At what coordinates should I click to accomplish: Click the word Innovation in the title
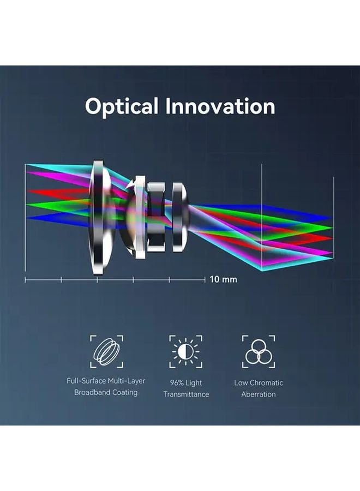[220, 106]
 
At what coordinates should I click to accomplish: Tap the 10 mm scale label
[224, 279]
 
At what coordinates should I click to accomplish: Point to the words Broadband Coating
[106, 392]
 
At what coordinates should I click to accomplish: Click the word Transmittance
[186, 394]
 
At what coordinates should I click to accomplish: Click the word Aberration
[259, 394]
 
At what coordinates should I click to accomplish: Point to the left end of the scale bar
[26, 280]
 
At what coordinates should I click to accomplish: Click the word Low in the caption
[241, 382]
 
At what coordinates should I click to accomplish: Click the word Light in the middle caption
[194, 382]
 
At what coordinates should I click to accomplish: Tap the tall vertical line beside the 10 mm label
[262, 218]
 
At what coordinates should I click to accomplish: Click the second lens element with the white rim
[137, 217]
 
